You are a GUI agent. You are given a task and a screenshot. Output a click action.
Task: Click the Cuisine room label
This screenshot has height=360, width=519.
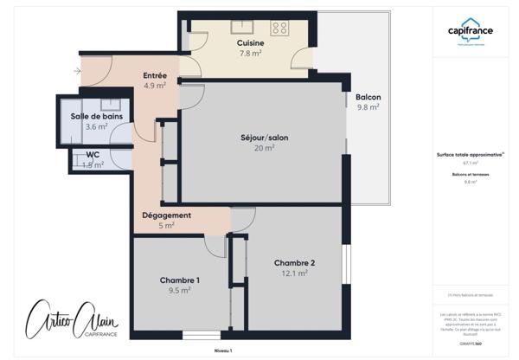tap(250, 42)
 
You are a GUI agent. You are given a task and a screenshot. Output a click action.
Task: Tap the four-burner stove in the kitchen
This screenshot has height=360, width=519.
tap(280, 28)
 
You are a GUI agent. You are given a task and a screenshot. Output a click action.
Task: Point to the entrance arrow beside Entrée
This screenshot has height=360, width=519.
tap(79, 70)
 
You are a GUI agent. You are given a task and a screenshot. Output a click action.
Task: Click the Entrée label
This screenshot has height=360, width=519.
tap(155, 75)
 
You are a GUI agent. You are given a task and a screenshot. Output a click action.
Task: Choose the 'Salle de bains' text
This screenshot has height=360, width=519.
tap(96, 116)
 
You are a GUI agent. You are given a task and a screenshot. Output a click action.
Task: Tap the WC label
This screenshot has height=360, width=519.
tap(93, 155)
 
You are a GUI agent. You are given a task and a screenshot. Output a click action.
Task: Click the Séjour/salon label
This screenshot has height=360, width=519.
tap(264, 138)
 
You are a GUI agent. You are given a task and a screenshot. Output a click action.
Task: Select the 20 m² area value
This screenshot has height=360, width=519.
tap(264, 148)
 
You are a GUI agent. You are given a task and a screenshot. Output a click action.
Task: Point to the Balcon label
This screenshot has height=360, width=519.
tap(368, 97)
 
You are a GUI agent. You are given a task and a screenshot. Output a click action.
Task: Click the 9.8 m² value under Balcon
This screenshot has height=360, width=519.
tap(368, 107)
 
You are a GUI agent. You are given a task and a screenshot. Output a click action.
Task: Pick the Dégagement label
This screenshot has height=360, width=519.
tap(166, 215)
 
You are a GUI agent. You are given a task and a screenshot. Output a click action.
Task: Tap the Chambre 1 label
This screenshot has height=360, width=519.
tap(180, 280)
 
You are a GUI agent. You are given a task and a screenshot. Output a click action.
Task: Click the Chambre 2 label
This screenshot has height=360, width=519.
tap(294, 263)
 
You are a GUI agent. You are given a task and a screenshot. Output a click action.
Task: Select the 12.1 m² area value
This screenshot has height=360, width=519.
tap(294, 273)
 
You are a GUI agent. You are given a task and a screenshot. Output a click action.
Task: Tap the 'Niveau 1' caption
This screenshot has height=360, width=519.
tap(223, 350)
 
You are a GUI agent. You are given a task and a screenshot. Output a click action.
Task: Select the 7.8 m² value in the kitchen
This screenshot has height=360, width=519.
tap(250, 53)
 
